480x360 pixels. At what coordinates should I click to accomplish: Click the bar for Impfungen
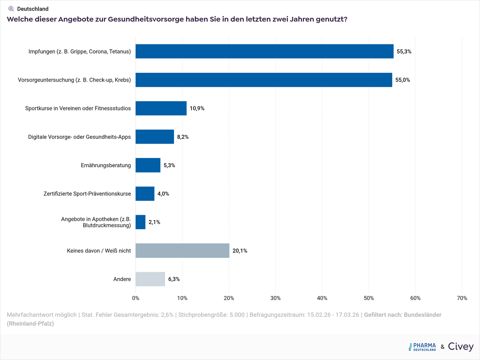pos(264,51)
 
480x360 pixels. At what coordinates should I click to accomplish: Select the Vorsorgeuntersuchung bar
pos(264,80)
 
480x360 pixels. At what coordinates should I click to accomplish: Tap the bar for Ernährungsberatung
pos(148,165)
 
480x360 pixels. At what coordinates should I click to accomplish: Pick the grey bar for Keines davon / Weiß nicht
pos(182,251)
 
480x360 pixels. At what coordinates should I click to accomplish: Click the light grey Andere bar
pos(150,279)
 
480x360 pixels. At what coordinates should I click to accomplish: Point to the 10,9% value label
pos(197,108)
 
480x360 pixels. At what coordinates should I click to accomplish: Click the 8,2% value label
pos(183,137)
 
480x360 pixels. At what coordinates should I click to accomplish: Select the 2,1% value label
pos(154,222)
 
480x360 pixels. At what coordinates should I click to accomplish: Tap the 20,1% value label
pos(240,251)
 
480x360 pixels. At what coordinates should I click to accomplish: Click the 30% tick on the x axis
pos(276,298)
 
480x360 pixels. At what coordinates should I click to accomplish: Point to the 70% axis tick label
pos(462,298)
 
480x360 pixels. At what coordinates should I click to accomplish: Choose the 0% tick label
pos(136,298)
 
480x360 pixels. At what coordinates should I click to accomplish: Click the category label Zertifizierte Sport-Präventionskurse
pos(87,194)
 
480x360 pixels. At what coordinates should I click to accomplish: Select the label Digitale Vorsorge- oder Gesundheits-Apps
pos(79,137)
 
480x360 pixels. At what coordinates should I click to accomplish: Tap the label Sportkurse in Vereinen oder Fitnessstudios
pos(78,108)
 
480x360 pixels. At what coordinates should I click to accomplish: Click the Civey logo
pos(461,347)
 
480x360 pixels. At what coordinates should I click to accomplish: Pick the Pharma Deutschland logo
pos(422,347)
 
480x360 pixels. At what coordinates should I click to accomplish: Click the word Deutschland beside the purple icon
pos(33,9)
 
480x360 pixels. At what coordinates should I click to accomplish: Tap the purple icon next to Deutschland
pos(11,8)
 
